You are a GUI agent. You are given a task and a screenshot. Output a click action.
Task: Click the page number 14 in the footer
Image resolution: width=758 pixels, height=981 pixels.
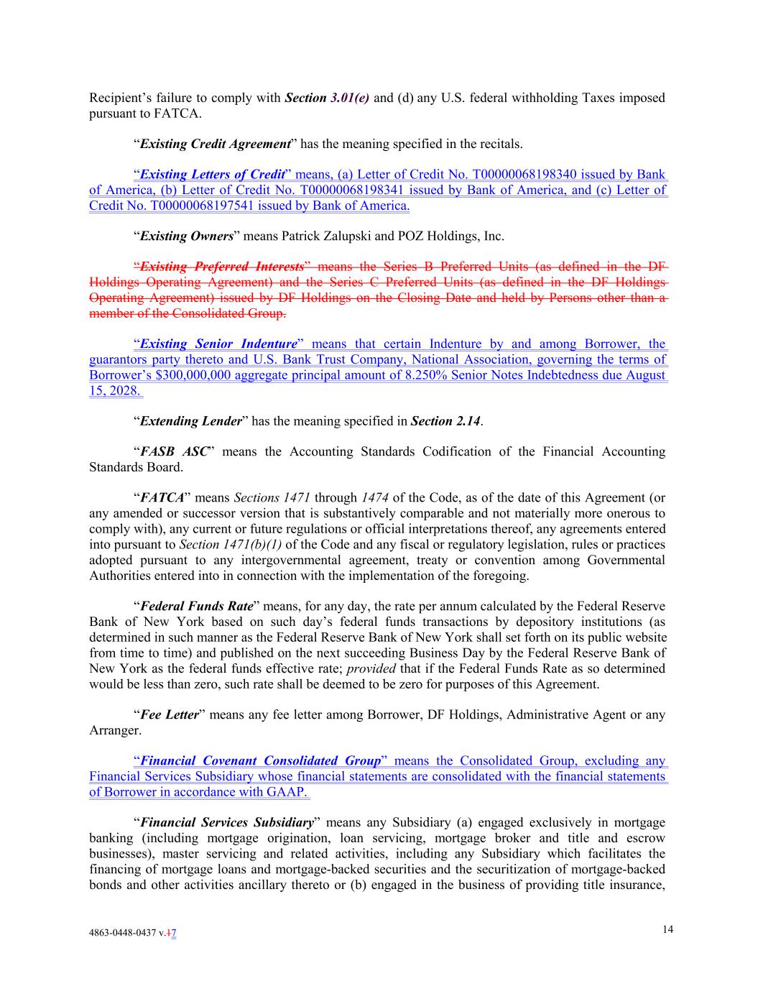click(668, 929)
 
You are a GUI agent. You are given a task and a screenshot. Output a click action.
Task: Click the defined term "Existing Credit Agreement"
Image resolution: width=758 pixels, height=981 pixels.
click(215, 144)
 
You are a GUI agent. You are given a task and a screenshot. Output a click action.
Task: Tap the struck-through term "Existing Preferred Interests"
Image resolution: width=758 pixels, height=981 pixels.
click(221, 267)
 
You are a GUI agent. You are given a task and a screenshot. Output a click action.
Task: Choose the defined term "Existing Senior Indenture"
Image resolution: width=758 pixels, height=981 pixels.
click(218, 344)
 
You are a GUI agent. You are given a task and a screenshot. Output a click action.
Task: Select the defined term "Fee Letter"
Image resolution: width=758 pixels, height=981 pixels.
click(169, 715)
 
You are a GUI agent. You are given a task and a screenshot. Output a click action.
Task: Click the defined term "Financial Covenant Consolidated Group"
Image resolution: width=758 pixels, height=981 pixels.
click(260, 761)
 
